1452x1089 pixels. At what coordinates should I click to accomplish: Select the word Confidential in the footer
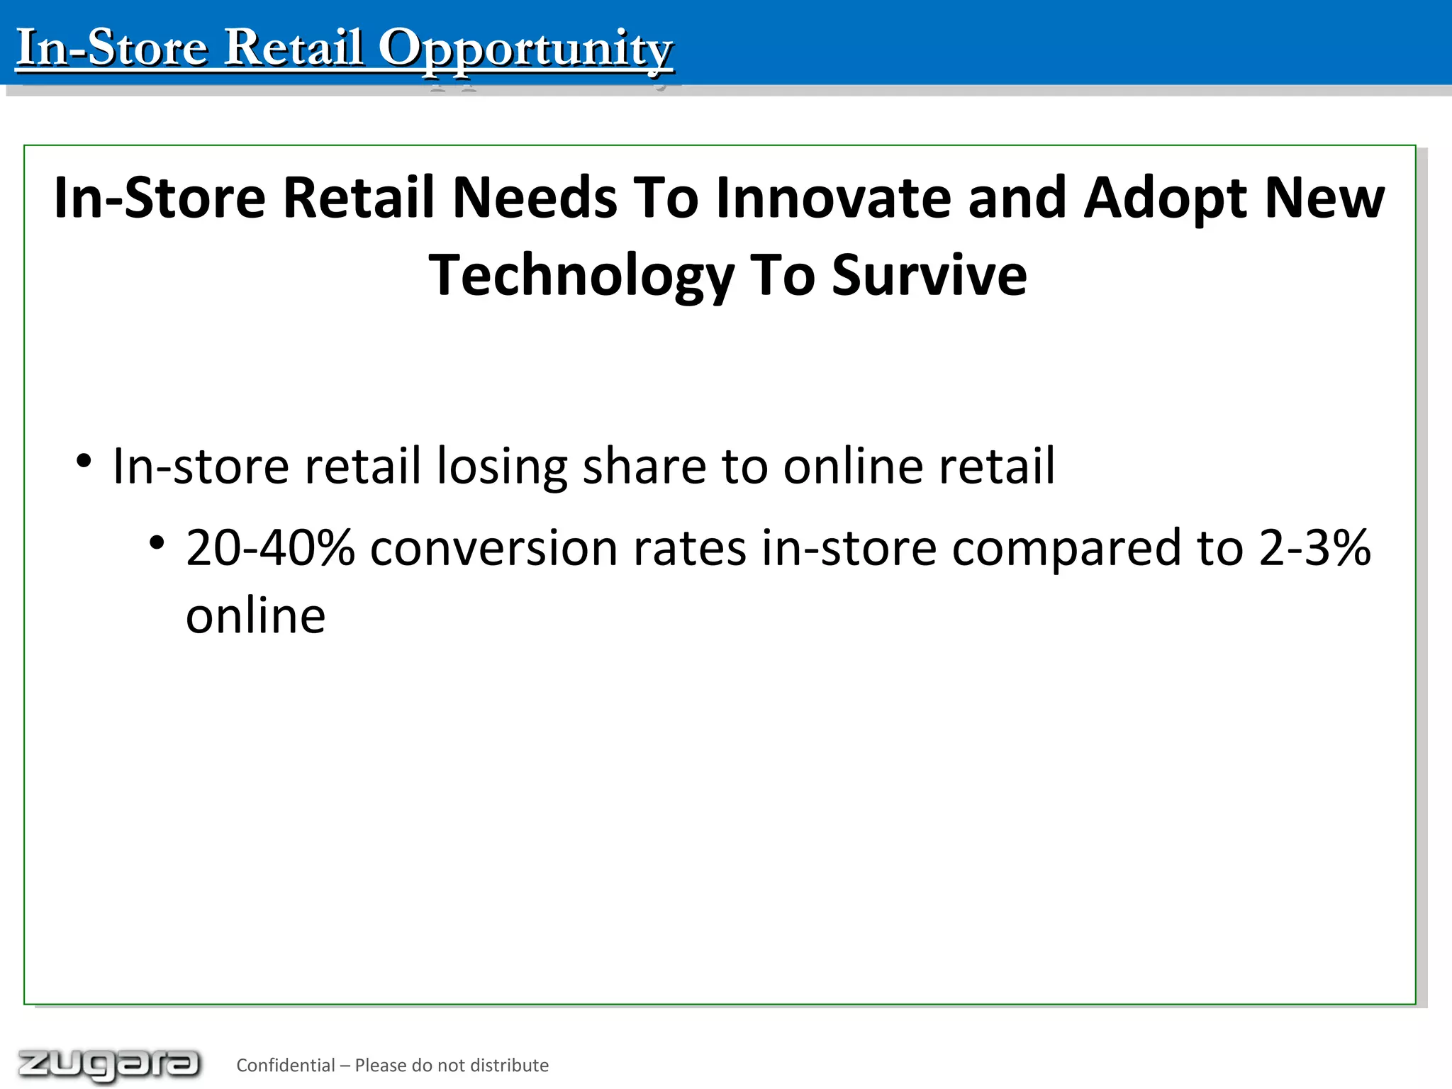click(x=285, y=1065)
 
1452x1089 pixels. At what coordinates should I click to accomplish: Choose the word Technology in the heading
click(x=581, y=276)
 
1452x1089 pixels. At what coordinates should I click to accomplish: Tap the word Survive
click(x=929, y=276)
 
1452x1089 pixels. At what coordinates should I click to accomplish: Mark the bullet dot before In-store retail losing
click(x=84, y=462)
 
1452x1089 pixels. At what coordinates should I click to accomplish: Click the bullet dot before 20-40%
click(x=157, y=544)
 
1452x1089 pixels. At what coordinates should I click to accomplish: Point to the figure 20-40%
click(x=270, y=548)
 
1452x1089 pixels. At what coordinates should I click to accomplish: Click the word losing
click(x=502, y=467)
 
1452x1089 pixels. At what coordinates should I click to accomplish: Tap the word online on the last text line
click(x=255, y=615)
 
